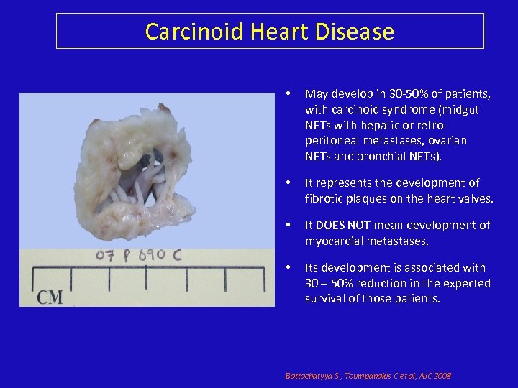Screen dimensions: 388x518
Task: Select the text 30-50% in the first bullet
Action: [x=393, y=94]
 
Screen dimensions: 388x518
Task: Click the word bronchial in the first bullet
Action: [x=392, y=156]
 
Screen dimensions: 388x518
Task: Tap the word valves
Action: [x=476, y=198]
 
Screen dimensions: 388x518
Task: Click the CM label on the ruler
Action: [x=50, y=295]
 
